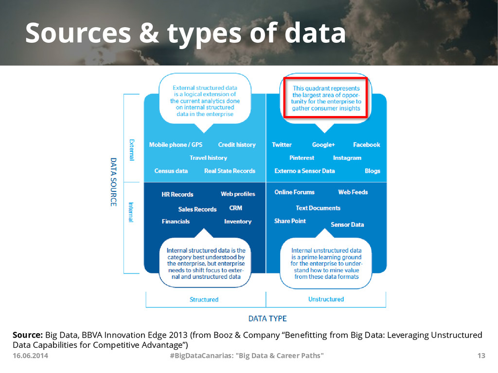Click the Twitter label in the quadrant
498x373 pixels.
(282, 145)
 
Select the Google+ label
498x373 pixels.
(323, 145)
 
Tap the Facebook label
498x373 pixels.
(366, 145)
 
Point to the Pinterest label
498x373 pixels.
(302, 158)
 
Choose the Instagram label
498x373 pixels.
(347, 158)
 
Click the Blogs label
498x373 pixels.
(373, 171)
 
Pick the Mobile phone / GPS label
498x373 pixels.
(176, 145)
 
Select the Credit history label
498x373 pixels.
(237, 145)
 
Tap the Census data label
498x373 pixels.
(171, 171)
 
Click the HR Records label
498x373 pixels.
(177, 194)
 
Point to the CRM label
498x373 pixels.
(235, 208)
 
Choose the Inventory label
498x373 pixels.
(238, 221)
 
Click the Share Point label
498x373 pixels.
(290, 221)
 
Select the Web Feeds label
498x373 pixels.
(353, 192)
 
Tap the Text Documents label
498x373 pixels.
(318, 208)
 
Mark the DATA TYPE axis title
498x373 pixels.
(267, 319)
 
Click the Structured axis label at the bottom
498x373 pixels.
(204, 300)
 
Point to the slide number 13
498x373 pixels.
(481, 356)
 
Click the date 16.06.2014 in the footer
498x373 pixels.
(30, 356)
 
